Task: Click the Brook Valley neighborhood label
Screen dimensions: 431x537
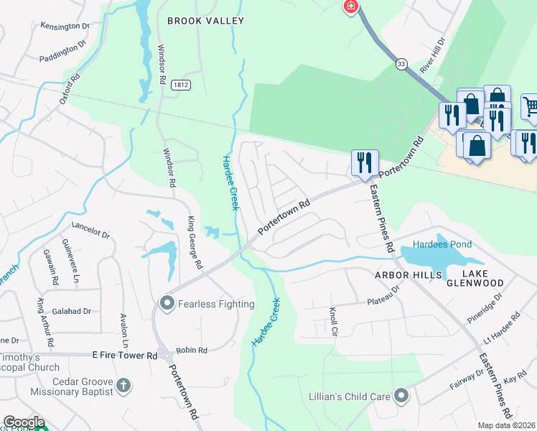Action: coord(205,21)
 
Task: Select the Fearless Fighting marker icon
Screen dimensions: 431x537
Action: coord(167,304)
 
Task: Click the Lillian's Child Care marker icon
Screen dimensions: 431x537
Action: coord(401,395)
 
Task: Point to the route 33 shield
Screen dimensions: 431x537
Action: coord(401,64)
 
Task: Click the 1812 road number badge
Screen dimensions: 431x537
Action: coord(180,85)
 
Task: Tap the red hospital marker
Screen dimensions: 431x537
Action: coord(350,7)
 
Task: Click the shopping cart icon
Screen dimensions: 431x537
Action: coord(531,106)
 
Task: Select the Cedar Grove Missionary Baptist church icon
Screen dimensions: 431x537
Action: coord(123,386)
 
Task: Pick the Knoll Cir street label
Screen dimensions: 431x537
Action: coord(333,322)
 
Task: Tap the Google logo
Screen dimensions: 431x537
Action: coord(24,423)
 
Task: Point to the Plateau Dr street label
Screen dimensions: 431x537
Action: coord(383,296)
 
